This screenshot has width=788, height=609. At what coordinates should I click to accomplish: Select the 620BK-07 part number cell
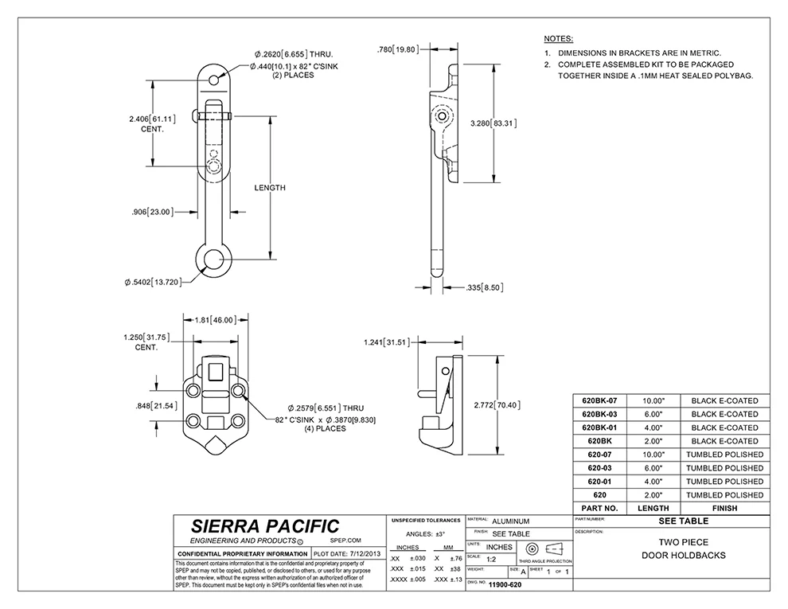(605, 400)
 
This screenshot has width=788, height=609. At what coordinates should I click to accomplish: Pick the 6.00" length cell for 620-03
(653, 468)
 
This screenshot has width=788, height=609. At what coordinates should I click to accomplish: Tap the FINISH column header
(724, 508)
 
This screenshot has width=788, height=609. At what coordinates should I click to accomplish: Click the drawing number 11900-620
(505, 584)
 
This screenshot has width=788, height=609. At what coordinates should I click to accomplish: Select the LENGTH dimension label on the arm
(269, 188)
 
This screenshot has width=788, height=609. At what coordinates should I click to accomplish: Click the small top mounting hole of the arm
(215, 80)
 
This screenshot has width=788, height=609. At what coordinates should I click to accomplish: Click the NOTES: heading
(557, 38)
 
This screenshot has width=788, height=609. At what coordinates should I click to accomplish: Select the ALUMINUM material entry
(510, 521)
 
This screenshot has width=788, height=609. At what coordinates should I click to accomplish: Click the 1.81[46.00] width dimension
(215, 320)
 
